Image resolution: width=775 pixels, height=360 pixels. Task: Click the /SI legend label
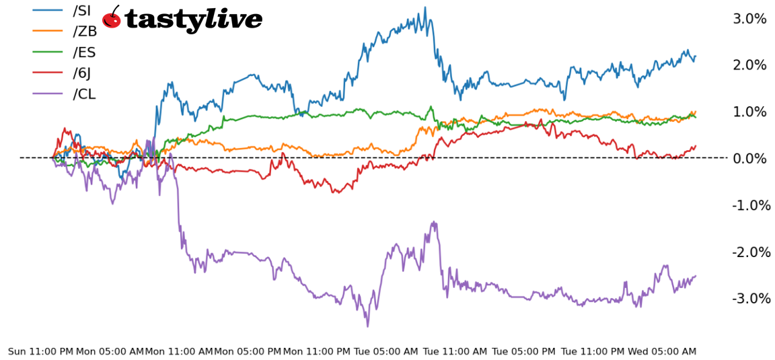point(81,11)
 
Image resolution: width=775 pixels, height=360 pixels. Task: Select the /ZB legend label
point(85,32)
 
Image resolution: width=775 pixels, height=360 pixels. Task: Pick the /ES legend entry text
point(85,52)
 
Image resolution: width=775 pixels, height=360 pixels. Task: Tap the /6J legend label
point(83,73)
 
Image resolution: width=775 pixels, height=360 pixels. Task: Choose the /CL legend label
point(84,94)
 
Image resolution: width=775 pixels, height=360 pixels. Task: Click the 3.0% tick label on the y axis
point(749,19)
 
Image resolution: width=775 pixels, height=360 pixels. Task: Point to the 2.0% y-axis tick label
point(749,65)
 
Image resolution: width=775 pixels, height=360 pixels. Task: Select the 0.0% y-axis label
point(749,158)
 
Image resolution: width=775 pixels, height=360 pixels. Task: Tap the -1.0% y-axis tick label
point(751,205)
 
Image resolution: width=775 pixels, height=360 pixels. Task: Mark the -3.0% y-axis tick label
point(751,298)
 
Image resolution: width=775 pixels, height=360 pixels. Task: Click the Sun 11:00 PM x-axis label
point(40,351)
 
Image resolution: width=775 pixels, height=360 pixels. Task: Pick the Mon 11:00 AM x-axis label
point(179,351)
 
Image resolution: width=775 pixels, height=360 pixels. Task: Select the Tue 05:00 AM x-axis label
point(386,351)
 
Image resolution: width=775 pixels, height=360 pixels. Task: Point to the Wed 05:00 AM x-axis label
point(662,351)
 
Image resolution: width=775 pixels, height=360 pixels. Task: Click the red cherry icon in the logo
point(112,19)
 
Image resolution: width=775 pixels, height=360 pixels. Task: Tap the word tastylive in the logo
point(194,20)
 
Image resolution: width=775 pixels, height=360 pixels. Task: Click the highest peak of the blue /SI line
point(425,8)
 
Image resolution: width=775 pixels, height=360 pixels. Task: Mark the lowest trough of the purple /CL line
point(367,326)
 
